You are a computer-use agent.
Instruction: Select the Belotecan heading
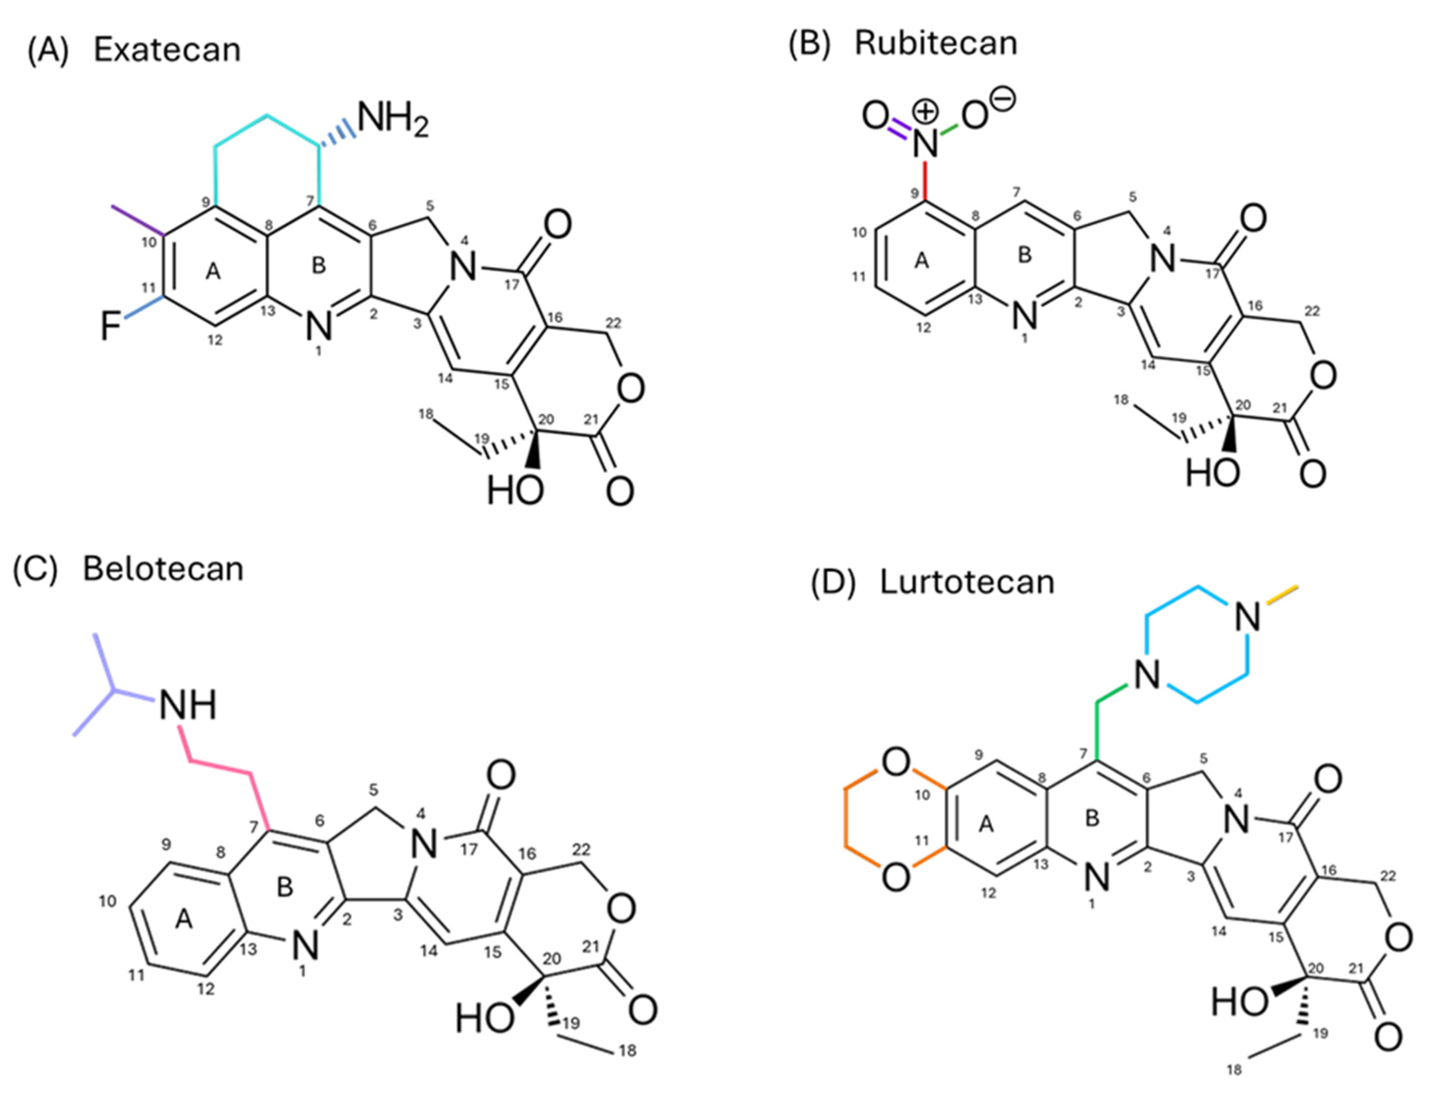[x=163, y=569]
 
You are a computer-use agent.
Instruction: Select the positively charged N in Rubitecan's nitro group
[x=924, y=142]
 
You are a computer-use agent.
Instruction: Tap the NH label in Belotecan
[x=187, y=705]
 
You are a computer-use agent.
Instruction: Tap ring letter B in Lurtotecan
[x=1092, y=818]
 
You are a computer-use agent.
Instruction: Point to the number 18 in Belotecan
[x=627, y=1050]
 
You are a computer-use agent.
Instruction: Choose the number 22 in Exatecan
[x=613, y=323]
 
